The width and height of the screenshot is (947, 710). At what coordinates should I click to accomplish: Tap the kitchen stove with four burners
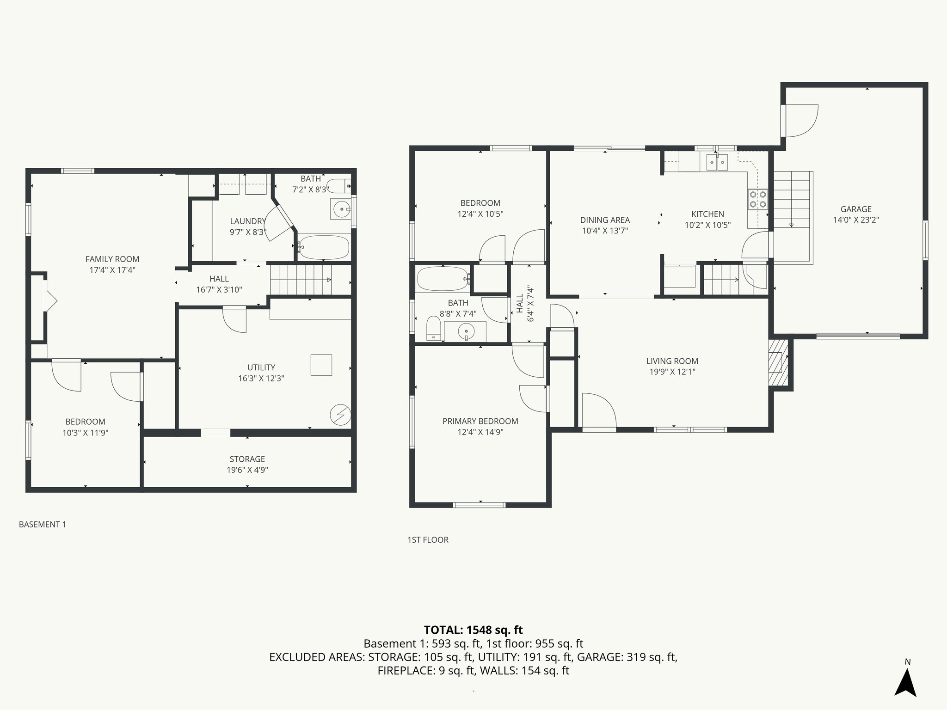tap(757, 200)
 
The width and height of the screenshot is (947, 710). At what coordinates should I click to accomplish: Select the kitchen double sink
tap(717, 162)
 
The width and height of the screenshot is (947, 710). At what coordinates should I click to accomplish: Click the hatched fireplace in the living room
tap(777, 363)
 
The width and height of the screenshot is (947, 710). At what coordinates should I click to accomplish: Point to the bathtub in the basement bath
tap(323, 248)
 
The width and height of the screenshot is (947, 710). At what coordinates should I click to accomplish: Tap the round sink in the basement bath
tap(342, 209)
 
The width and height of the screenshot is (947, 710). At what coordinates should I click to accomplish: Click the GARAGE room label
tap(856, 209)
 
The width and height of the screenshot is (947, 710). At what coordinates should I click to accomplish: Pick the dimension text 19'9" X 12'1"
tap(672, 372)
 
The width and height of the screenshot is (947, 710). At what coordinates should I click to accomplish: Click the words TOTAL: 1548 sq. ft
tap(473, 630)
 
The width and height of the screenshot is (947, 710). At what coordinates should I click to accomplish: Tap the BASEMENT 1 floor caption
tap(43, 524)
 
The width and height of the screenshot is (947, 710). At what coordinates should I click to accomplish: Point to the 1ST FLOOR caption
tap(428, 539)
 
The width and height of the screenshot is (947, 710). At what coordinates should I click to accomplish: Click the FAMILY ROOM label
tap(112, 259)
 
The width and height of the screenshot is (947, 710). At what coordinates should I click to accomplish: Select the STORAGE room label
tap(247, 459)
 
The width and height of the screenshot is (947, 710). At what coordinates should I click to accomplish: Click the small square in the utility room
tap(321, 365)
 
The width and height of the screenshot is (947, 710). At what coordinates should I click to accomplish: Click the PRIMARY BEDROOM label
tap(480, 421)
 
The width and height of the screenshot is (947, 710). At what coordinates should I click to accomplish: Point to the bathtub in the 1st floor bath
tap(443, 279)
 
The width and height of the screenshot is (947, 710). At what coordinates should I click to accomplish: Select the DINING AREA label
tap(605, 220)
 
